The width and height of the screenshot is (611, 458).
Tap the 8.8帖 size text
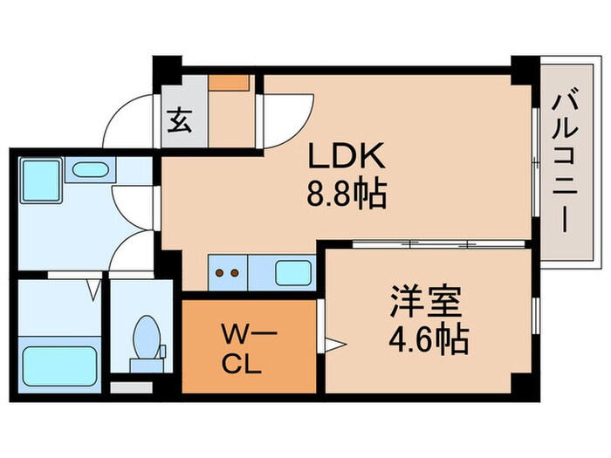347,193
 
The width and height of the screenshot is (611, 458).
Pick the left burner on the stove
220,272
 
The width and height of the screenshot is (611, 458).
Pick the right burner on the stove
236,272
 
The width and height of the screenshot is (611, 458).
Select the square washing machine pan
40,179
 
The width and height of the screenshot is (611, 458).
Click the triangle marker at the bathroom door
93,284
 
